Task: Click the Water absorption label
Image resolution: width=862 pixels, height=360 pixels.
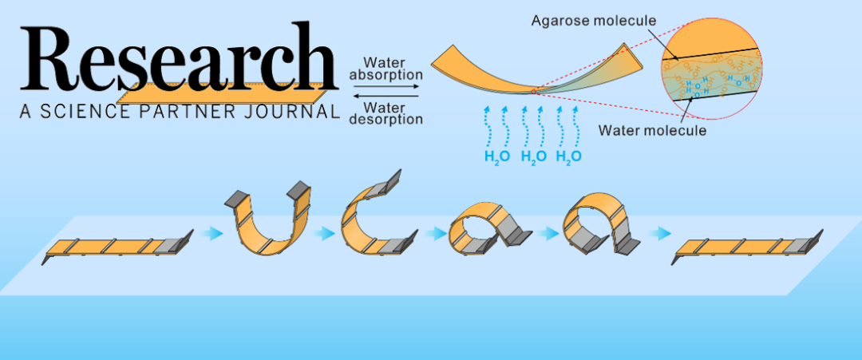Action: pyautogui.click(x=386, y=69)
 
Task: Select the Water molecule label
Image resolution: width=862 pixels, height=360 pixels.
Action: pyautogui.click(x=653, y=130)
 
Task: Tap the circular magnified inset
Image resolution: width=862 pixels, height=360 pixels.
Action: pyautogui.click(x=707, y=71)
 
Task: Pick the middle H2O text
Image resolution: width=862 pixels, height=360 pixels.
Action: pyautogui.click(x=533, y=156)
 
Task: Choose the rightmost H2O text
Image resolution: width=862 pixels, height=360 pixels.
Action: pyautogui.click(x=568, y=156)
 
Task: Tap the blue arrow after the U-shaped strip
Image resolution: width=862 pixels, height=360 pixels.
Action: pyautogui.click(x=324, y=234)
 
